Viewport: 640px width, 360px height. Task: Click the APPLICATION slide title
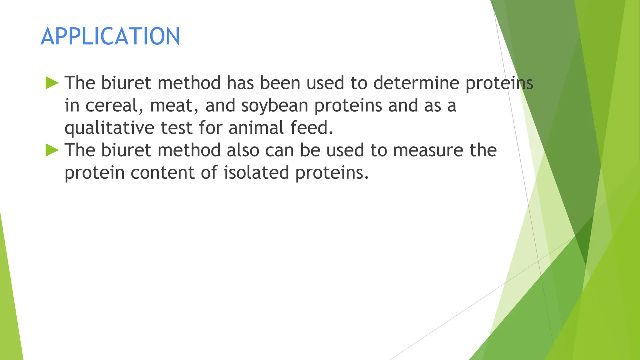110,36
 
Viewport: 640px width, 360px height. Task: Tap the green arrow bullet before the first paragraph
52,83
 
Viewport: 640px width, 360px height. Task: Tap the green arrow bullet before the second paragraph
52,150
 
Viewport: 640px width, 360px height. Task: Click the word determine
416,83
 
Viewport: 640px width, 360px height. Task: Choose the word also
243,150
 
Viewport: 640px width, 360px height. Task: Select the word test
176,128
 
